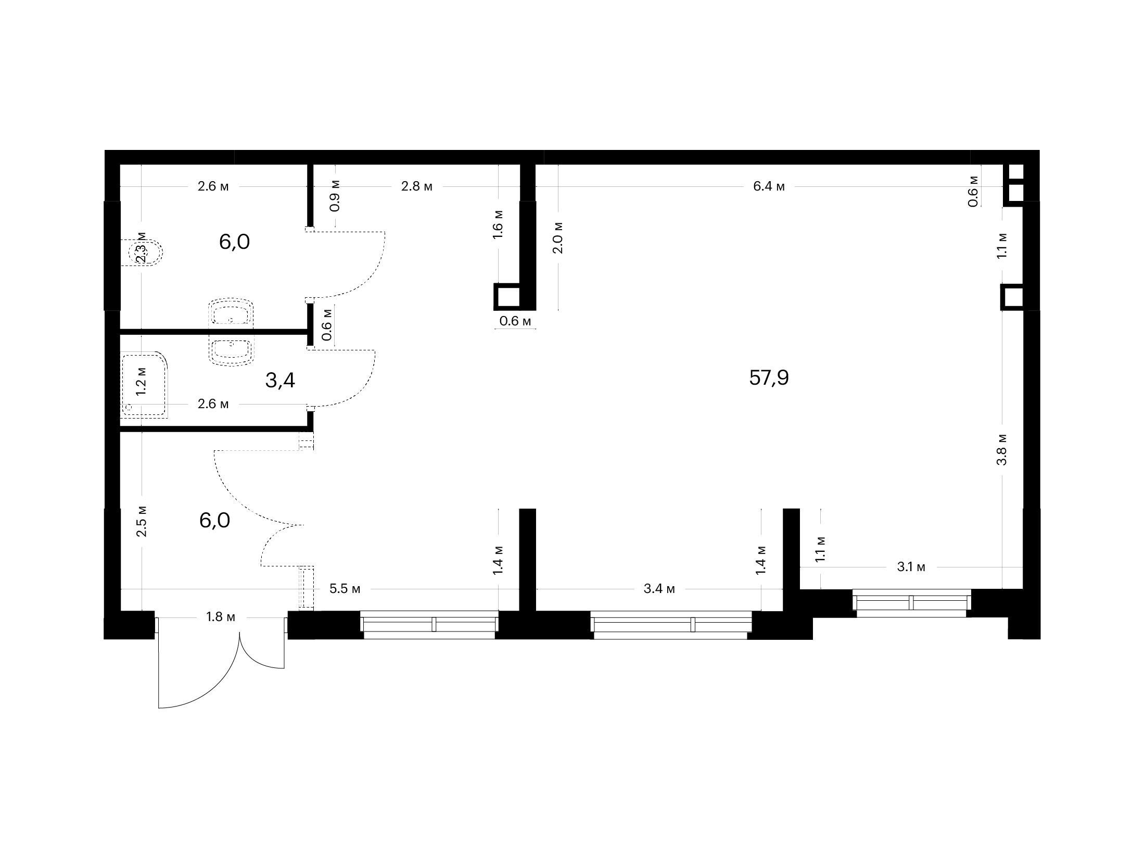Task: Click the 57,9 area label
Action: [x=769, y=377]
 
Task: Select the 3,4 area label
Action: [x=280, y=381]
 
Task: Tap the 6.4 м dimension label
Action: [x=769, y=186]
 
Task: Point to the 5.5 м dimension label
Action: [x=345, y=589]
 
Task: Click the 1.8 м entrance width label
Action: [x=221, y=617]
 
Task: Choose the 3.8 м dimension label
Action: [x=1002, y=449]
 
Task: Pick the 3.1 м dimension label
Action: [x=911, y=567]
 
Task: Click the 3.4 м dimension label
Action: [x=659, y=589]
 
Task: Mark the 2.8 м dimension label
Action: [x=416, y=186]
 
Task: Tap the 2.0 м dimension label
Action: [x=558, y=237]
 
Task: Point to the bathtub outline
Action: [x=145, y=385]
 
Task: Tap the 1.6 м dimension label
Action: [x=498, y=224]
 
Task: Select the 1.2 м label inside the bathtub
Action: [x=141, y=382]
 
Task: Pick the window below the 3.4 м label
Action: [x=671, y=625]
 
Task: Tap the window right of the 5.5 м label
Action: [x=429, y=625]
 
